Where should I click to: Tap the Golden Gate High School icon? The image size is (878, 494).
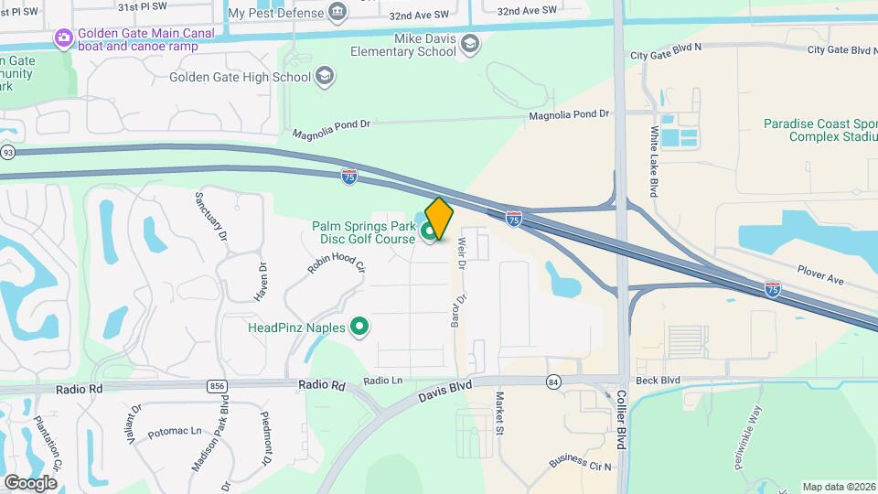point(324,77)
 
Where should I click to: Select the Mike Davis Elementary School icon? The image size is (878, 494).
point(470,44)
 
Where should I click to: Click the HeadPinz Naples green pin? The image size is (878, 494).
point(360,327)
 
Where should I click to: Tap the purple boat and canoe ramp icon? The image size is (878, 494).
point(63,38)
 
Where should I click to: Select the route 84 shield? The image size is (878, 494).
point(552,381)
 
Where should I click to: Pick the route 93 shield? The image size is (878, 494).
point(7,152)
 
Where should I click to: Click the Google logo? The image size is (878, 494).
point(30,482)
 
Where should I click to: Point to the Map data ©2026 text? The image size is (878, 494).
point(838,487)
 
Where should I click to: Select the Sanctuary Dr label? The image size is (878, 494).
point(211,217)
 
